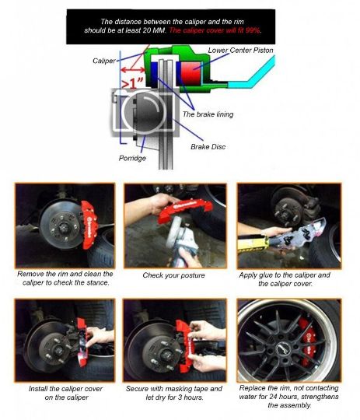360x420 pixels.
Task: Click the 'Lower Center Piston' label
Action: tap(240, 50)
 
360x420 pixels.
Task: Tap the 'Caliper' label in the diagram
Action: tap(104, 61)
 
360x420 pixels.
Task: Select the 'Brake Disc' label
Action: tap(208, 147)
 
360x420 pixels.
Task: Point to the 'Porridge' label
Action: tap(132, 158)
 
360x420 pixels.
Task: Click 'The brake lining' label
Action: tap(208, 114)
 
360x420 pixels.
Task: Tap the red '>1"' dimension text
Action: tap(132, 83)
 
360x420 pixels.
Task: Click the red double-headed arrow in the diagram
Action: tap(133, 70)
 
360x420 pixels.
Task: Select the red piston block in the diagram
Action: tap(191, 72)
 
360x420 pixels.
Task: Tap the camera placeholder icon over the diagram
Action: tap(145, 112)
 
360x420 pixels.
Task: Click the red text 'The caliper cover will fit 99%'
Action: tap(215, 30)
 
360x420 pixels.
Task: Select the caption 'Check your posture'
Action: tap(173, 275)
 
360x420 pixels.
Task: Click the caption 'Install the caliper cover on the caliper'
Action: tap(66, 393)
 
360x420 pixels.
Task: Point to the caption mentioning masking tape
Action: tap(174, 393)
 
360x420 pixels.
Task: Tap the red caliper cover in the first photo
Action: tap(89, 225)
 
